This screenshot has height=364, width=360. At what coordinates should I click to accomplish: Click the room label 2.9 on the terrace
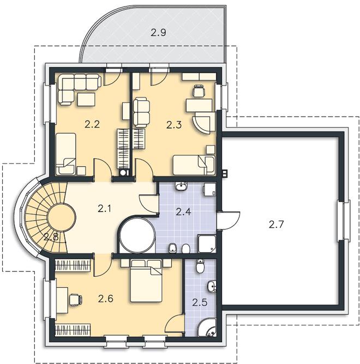click(159, 33)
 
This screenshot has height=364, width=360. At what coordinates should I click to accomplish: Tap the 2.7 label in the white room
click(276, 225)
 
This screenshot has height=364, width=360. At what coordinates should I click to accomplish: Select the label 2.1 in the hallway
click(104, 209)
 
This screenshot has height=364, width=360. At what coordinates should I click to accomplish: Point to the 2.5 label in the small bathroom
click(200, 302)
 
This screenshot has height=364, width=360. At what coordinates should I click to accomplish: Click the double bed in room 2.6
click(146, 281)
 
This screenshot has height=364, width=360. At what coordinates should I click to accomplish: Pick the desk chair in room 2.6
click(75, 299)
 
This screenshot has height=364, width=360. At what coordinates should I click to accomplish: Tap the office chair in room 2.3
click(199, 90)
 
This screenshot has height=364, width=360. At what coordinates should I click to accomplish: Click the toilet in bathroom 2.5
click(200, 266)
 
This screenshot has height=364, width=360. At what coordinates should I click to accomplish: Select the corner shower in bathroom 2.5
click(207, 327)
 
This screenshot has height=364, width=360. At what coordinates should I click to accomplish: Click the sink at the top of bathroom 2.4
click(181, 186)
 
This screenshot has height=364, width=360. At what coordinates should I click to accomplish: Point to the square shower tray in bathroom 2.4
click(207, 244)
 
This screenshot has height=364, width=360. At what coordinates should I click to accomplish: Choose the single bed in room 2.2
click(66, 154)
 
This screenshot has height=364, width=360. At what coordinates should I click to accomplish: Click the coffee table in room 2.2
click(86, 99)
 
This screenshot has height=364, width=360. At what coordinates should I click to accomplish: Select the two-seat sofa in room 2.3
click(141, 112)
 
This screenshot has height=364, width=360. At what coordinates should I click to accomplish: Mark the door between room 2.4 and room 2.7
click(229, 220)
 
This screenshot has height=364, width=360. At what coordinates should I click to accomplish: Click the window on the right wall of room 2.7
click(344, 220)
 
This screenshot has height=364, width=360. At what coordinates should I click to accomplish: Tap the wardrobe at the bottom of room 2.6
click(73, 330)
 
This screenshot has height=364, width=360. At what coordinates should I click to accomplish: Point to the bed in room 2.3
click(194, 165)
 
